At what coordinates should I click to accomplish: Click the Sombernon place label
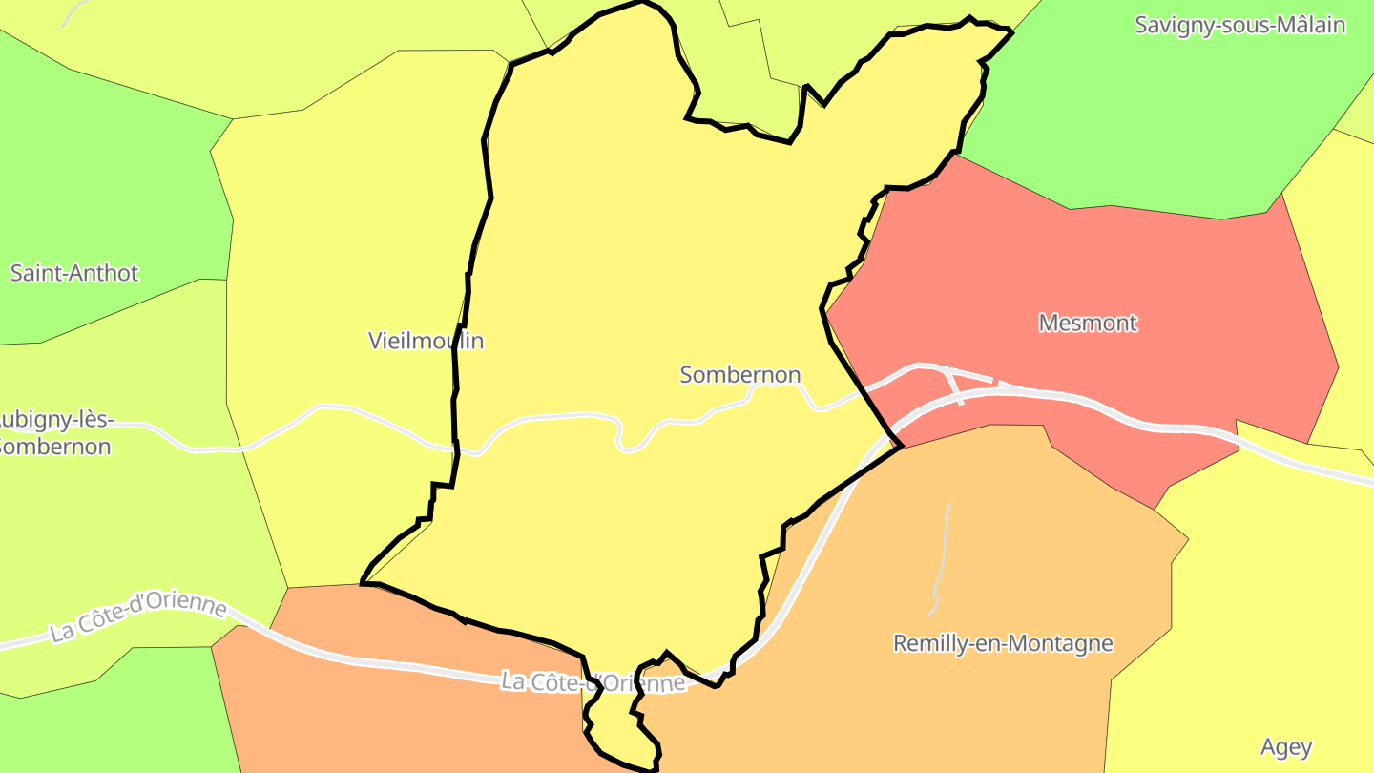click(x=739, y=375)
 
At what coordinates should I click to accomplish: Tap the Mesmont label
click(x=1088, y=323)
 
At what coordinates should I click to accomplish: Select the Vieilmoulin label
click(x=426, y=341)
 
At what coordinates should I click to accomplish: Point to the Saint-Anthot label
click(x=74, y=273)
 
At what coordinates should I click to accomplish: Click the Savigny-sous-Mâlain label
click(x=1239, y=25)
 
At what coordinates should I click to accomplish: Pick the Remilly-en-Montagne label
click(x=1003, y=643)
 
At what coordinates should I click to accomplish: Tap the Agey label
click(x=1286, y=746)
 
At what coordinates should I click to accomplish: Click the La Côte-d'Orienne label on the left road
click(x=139, y=619)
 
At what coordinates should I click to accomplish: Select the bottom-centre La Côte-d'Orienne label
click(x=593, y=682)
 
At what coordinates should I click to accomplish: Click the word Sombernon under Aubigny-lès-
click(x=55, y=446)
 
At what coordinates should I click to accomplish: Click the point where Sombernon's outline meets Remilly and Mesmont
click(x=900, y=447)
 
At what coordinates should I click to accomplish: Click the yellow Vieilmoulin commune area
click(x=353, y=239)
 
